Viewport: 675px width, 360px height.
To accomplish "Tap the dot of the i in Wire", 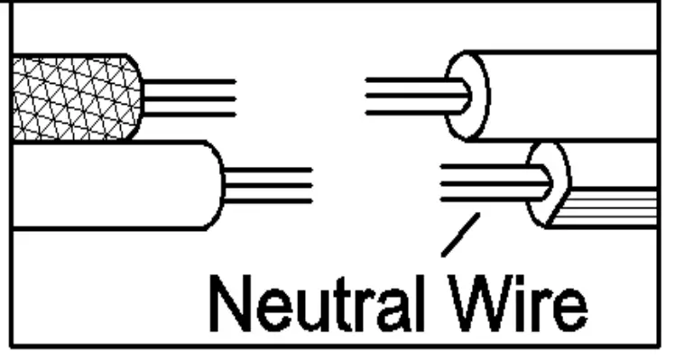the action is [x=509, y=276].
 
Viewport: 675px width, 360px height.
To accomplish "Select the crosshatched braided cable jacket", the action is [x=72, y=97].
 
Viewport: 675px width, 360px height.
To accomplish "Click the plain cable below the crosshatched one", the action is [x=108, y=185].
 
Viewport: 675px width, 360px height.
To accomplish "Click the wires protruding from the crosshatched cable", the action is [x=190, y=97].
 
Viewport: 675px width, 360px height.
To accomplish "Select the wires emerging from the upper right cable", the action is [x=411, y=96].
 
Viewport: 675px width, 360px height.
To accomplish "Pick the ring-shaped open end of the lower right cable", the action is [x=549, y=183].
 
